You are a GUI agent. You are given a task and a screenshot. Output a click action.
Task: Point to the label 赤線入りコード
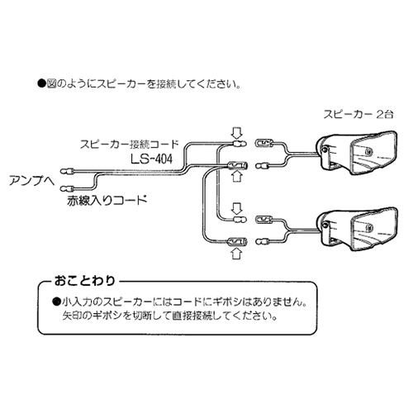(107, 199)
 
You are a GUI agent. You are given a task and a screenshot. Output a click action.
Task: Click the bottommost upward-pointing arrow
(235, 254)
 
